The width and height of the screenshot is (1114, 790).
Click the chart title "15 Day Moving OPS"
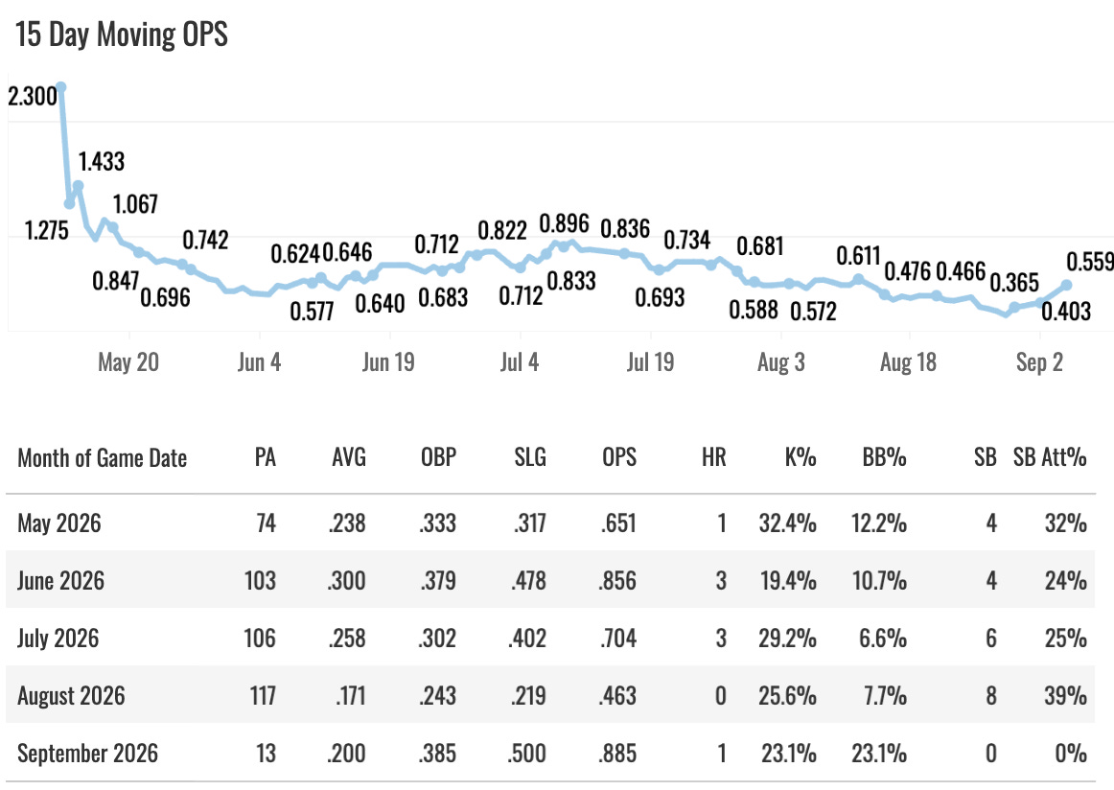pyautogui.click(x=122, y=35)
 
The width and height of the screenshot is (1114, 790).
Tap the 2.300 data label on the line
pyautogui.click(x=32, y=96)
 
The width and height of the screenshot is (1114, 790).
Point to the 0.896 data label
pyautogui.click(x=564, y=223)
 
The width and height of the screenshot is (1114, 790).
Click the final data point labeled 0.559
pyautogui.click(x=1066, y=285)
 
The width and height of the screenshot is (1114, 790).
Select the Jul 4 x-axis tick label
pyautogui.click(x=520, y=362)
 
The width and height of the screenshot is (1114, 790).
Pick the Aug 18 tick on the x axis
pyautogui.click(x=908, y=362)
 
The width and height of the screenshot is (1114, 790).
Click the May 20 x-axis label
pyautogui.click(x=128, y=362)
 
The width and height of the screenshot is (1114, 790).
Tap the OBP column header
pyautogui.click(x=438, y=457)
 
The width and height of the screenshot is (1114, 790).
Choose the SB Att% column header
pyautogui.click(x=1050, y=457)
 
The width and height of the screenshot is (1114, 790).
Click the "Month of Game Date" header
pyautogui.click(x=103, y=458)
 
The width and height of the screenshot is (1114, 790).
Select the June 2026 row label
pyautogui.click(x=61, y=580)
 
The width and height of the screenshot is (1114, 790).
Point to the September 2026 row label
pyautogui.click(x=87, y=753)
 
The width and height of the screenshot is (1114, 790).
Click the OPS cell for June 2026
pyautogui.click(x=617, y=580)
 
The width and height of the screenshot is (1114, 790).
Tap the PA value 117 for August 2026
pyautogui.click(x=263, y=695)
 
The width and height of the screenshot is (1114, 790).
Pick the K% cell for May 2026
pyautogui.click(x=787, y=523)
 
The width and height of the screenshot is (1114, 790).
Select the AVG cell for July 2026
pyautogui.click(x=347, y=638)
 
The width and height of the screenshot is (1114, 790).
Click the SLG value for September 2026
pyautogui.click(x=526, y=753)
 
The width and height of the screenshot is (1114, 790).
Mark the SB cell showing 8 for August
pyautogui.click(x=991, y=695)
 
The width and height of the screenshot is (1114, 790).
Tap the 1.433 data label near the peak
pyautogui.click(x=102, y=162)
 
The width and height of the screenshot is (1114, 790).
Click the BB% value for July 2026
pyautogui.click(x=883, y=638)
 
